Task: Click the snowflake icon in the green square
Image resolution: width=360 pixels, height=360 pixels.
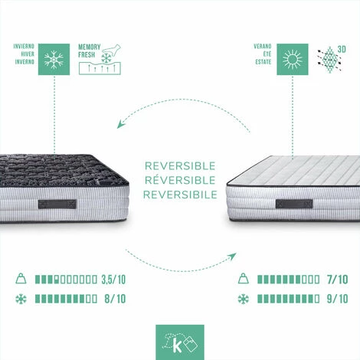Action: point(54,60)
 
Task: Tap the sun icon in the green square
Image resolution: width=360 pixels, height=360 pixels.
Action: point(293,60)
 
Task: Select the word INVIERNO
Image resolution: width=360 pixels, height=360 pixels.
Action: point(24,47)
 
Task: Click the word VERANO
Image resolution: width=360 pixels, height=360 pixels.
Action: point(263,47)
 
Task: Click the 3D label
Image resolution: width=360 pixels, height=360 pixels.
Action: point(342,49)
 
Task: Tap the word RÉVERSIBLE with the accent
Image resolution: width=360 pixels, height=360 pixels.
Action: point(180,180)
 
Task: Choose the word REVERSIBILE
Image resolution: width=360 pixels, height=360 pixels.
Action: point(180,195)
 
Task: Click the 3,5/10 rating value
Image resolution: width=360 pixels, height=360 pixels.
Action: point(113,280)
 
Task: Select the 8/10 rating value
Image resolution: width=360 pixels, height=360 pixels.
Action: point(115,299)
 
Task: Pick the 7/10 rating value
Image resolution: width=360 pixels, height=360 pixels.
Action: point(338,280)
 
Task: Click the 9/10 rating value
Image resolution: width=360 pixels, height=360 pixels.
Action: point(338,299)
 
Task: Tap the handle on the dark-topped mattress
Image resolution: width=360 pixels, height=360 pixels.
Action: point(57,205)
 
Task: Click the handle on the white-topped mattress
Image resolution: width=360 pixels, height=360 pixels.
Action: point(294,204)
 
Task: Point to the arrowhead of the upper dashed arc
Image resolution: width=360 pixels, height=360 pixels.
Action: point(120,124)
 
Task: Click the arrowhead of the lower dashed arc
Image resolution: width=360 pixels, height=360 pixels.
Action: point(232,257)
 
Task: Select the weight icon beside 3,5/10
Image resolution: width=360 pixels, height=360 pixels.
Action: point(21,279)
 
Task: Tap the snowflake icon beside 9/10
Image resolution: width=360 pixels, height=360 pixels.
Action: point(243,299)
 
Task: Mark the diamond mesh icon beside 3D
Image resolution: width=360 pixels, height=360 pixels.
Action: point(329,60)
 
